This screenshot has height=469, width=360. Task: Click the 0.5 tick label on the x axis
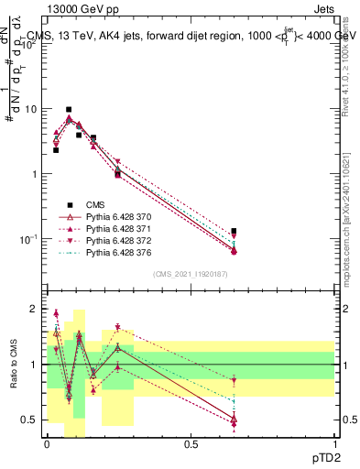[x=191, y=443]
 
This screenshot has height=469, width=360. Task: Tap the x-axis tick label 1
[x=336, y=443]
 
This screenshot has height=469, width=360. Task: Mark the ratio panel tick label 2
[x=34, y=310]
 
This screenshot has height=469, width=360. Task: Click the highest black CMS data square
[x=69, y=109]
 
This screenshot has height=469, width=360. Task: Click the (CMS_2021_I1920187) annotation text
[x=190, y=274]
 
